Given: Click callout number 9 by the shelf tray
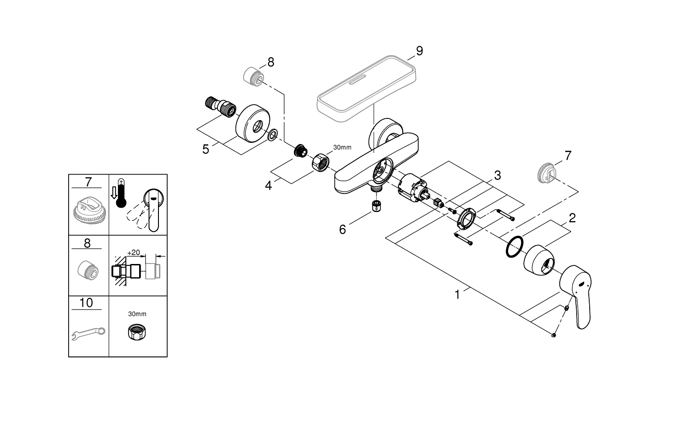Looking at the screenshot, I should pos(419,51).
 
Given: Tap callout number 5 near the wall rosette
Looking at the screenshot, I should pos(205,149).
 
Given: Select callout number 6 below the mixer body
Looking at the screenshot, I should pos(342,229).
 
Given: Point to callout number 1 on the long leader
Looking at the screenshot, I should pos(457,294).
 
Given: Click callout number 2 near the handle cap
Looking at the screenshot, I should pos(572,218).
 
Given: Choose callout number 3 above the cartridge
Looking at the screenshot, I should pos(498,176).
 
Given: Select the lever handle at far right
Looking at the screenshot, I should pos(576,295).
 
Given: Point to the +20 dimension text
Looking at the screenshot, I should pos(134,252).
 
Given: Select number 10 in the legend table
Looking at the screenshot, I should pos(86,303).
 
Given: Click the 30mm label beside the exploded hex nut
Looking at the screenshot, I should pos(342,147).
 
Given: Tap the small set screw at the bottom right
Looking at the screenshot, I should pos(553,336).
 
